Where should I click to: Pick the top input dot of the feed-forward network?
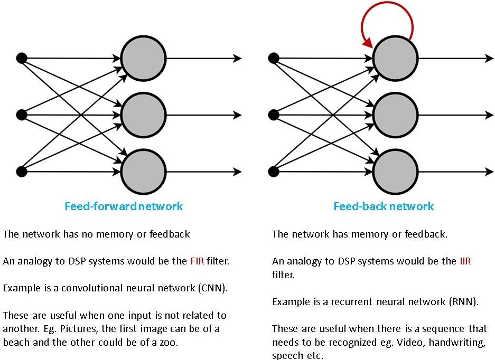tap(22, 58)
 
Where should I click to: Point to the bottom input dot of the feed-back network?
tap(274, 172)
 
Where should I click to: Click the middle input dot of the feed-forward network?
tap(22, 115)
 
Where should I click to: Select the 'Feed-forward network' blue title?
tap(124, 206)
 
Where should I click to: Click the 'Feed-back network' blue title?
tap(383, 206)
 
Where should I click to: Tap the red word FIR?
tap(197, 261)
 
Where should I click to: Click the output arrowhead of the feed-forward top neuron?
tap(238, 58)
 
